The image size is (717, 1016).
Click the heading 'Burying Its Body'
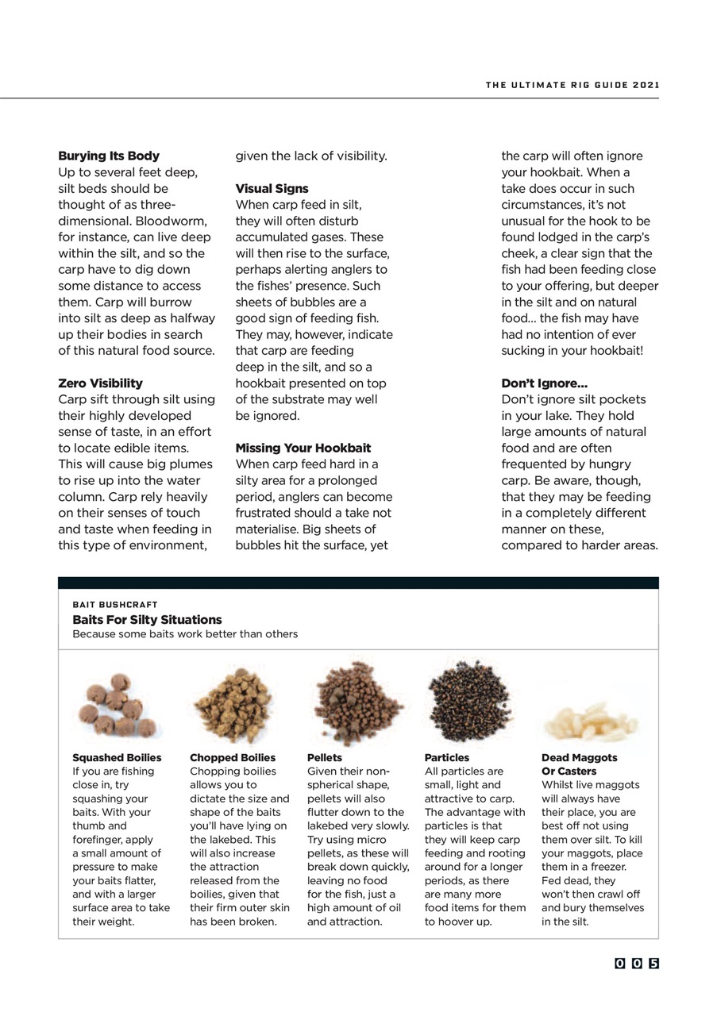click(109, 156)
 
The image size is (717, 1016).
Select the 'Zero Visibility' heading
click(100, 383)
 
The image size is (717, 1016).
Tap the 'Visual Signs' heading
click(272, 189)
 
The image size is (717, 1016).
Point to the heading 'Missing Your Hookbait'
click(303, 448)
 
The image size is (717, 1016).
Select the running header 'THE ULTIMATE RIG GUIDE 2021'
click(572, 85)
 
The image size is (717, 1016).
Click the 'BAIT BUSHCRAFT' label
click(115, 605)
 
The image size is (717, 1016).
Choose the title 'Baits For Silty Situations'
click(147, 620)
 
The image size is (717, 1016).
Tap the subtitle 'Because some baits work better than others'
click(185, 634)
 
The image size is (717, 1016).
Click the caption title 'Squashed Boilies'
click(117, 758)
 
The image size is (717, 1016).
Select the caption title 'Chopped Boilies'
click(233, 758)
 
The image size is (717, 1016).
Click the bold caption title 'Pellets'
click(325, 758)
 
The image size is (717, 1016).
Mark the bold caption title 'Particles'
click(446, 758)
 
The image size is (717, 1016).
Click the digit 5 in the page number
click(653, 964)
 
